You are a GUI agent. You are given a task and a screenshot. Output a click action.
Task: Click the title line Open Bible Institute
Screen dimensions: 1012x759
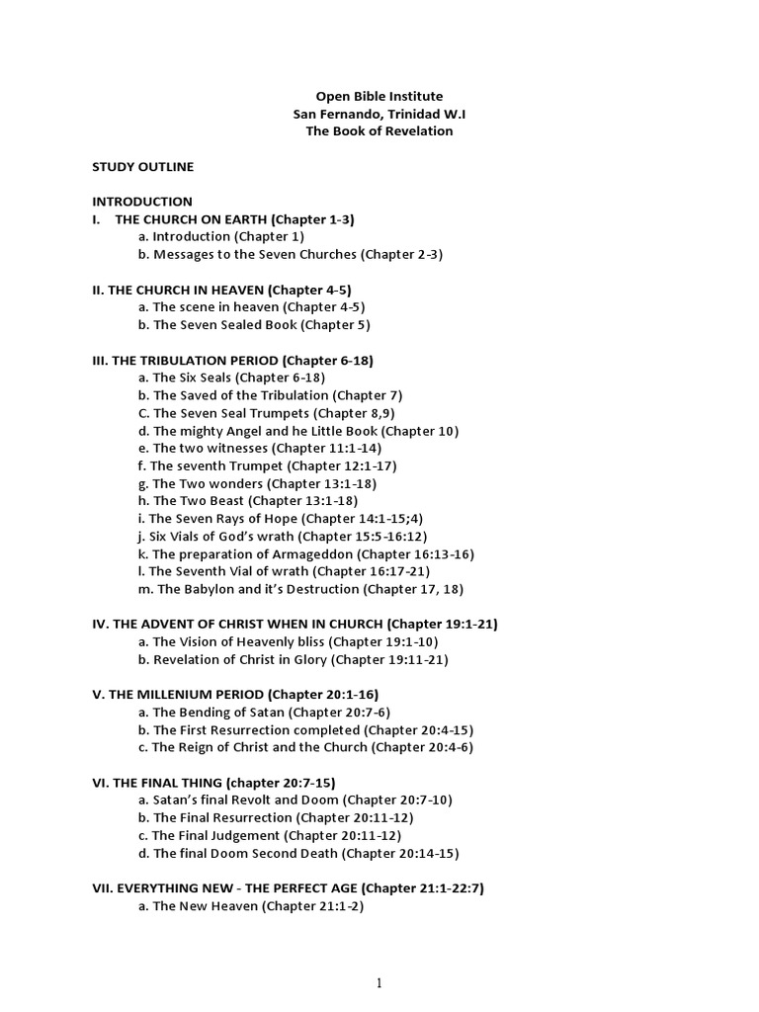[x=379, y=96]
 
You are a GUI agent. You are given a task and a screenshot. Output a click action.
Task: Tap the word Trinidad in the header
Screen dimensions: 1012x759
[x=404, y=114]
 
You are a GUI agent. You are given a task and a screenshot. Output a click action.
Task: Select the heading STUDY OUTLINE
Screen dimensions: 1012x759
[x=142, y=166]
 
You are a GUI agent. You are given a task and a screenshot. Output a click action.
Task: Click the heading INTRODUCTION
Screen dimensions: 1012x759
[x=142, y=202]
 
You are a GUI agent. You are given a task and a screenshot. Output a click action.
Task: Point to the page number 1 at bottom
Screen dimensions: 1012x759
[x=379, y=982]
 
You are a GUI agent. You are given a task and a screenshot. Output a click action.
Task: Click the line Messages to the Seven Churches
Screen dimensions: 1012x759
[x=291, y=254]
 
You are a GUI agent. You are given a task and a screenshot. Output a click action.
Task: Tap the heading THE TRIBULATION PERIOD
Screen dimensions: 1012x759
[x=232, y=360]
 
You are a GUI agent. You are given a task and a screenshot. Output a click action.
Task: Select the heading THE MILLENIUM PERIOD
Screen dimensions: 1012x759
[x=234, y=694]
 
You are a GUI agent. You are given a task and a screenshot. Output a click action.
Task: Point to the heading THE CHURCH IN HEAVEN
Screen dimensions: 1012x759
[x=221, y=290]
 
